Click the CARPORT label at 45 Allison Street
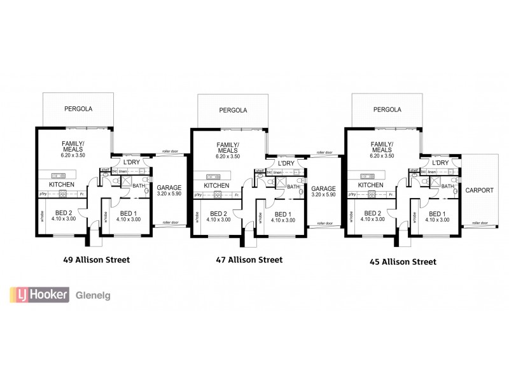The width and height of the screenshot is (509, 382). tap(480, 190)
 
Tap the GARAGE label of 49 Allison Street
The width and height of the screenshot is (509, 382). tap(169, 188)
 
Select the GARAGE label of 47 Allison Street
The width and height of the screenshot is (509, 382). tap(323, 188)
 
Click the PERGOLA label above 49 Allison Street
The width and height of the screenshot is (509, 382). tap(78, 109)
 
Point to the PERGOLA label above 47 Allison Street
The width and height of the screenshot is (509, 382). tap(233, 110)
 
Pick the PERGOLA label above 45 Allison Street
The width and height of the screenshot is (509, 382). tap(387, 109)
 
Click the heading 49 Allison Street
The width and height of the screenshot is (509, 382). tap(97, 259)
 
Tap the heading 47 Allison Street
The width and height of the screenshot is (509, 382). tap(249, 260)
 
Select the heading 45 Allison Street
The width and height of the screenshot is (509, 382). tap(402, 261)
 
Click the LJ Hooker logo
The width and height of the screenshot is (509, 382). tap(38, 295)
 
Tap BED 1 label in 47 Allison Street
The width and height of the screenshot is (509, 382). tap(282, 214)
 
